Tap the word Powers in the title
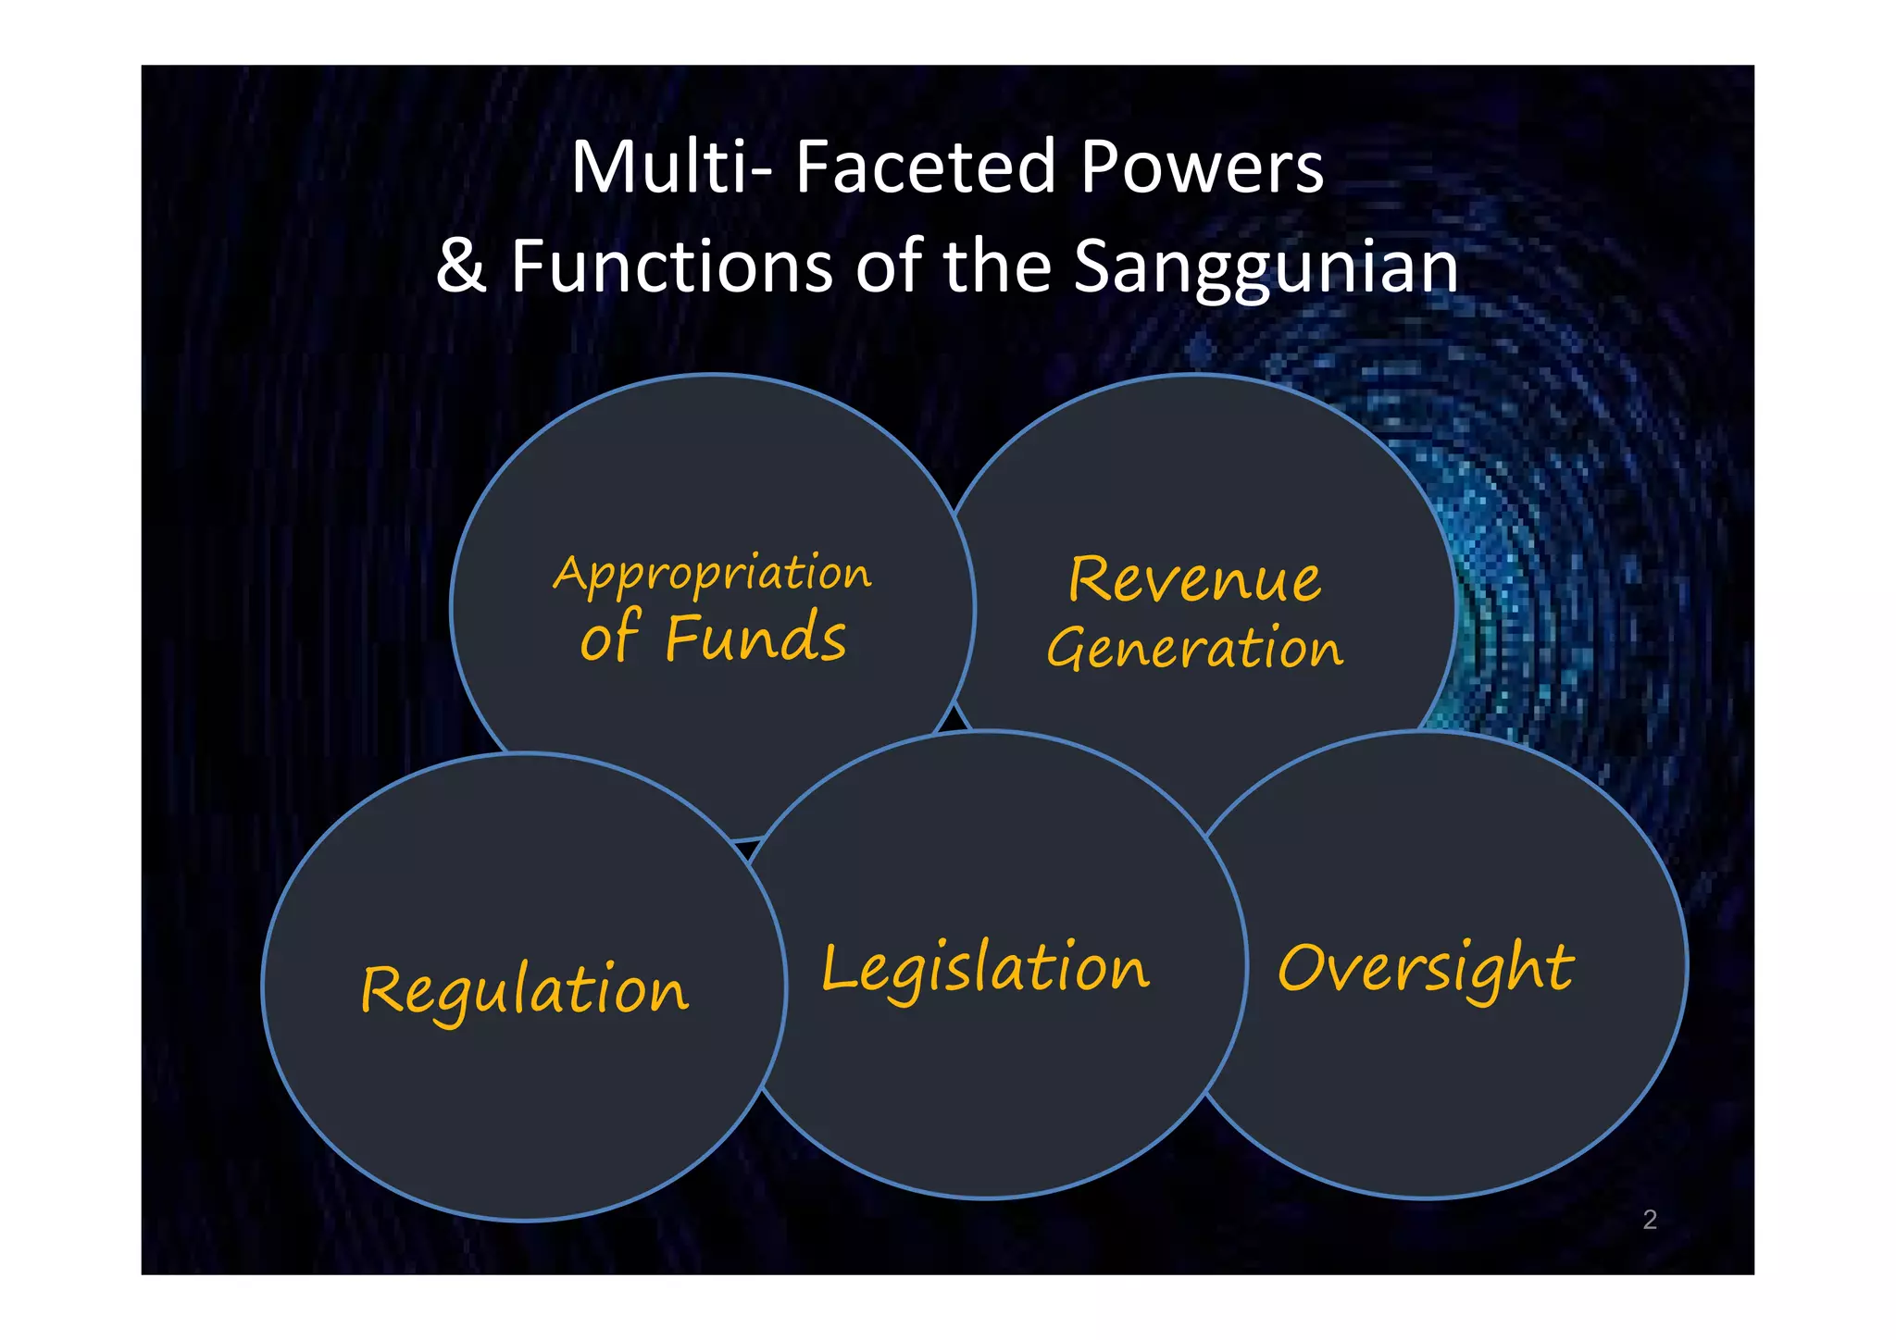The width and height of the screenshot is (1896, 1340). [1202, 167]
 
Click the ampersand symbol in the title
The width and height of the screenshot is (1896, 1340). [461, 267]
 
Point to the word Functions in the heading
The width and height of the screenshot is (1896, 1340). [672, 267]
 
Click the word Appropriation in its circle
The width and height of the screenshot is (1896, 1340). [712, 574]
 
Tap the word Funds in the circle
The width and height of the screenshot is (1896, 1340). [755, 638]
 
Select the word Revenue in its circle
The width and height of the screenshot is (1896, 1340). [1194, 579]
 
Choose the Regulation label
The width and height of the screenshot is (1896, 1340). [524, 990]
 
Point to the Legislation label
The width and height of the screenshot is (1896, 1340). [985, 969]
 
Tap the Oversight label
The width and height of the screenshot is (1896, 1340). [1425, 969]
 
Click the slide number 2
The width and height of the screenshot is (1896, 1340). [1650, 1220]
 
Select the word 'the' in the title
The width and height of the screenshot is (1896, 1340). [996, 267]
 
